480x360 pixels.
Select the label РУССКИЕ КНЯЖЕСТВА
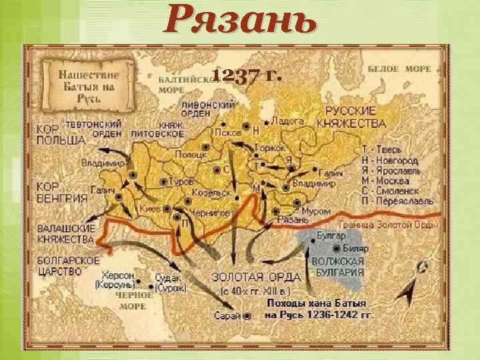355,117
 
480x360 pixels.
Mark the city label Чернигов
211,212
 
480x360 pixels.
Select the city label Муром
315,211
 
